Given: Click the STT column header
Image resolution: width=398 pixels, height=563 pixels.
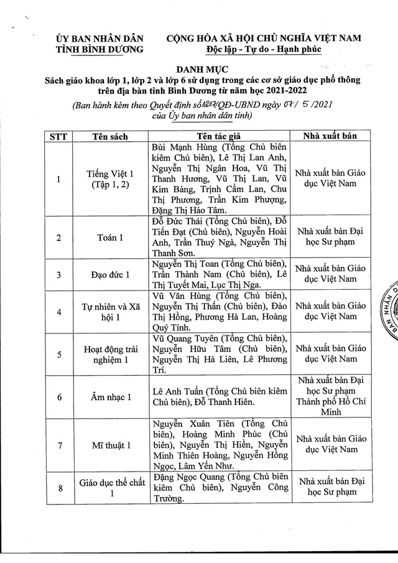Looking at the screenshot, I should [58, 136].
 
